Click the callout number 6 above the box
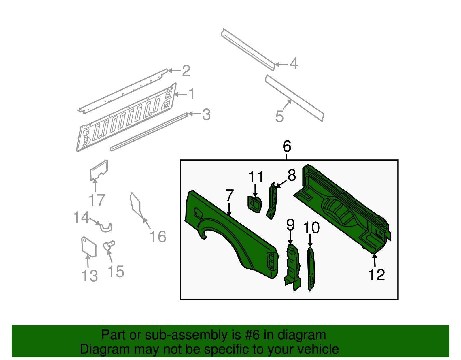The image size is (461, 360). (287, 146)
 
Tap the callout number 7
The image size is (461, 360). (229, 196)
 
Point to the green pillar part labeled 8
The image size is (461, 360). (272, 202)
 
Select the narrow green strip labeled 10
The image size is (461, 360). (311, 268)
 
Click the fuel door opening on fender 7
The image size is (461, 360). (197, 213)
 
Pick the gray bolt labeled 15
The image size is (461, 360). (109, 246)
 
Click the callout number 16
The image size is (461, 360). (158, 237)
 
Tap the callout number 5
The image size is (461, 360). (279, 116)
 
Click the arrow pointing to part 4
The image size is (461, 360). (281, 64)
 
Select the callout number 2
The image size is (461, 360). (186, 71)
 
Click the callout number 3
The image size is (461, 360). (206, 114)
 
